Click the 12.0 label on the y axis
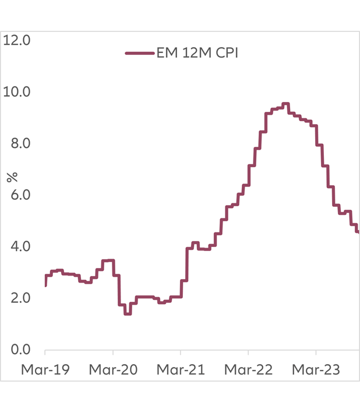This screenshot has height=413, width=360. point(19,40)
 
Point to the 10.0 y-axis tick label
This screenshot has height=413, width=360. point(19,92)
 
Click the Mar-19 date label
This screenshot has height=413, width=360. point(45,369)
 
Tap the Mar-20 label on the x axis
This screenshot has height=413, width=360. point(113,369)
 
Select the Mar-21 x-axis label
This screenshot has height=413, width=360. point(181,369)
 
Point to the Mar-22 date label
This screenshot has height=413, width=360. point(249,369)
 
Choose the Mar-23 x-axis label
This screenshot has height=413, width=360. point(316,369)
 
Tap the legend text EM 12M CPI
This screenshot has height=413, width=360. point(197,53)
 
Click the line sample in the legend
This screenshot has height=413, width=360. point(139,53)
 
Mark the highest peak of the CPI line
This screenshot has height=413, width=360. point(285,104)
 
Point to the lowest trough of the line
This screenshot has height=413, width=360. point(128,314)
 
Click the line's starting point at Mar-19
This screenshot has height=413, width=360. point(45,285)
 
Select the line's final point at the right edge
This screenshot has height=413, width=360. point(358,232)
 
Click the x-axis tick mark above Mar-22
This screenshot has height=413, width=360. point(248,352)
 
